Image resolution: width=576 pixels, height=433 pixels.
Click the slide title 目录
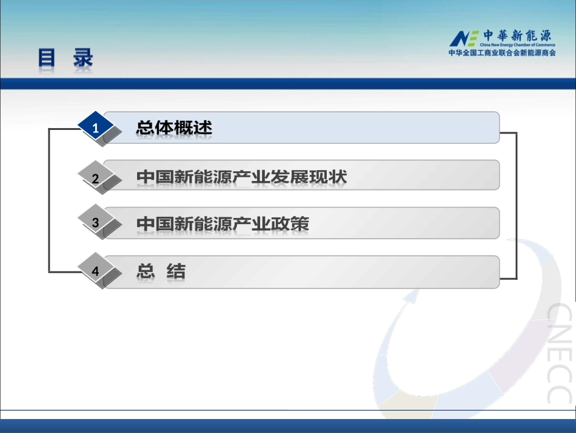65,59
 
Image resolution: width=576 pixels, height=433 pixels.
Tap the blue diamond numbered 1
95,128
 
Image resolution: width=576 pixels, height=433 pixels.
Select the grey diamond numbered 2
95,178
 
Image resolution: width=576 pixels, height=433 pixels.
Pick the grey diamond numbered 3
95,223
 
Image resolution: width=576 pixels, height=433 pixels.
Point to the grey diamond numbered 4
95,271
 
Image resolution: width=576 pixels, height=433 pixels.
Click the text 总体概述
174,128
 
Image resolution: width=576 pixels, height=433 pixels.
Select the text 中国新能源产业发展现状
241,177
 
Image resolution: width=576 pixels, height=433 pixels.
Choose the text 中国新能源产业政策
223,223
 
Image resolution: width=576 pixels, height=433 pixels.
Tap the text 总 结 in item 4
161,271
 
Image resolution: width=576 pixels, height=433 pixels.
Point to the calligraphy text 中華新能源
517,35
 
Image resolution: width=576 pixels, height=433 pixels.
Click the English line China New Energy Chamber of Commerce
517,45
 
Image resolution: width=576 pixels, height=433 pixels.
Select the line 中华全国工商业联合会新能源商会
502,53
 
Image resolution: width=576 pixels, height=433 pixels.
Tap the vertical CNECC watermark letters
558,352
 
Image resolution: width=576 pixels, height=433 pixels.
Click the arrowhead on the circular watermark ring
412,296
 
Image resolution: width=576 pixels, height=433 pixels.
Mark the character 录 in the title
82,59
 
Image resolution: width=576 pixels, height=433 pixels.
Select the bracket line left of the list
49,200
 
